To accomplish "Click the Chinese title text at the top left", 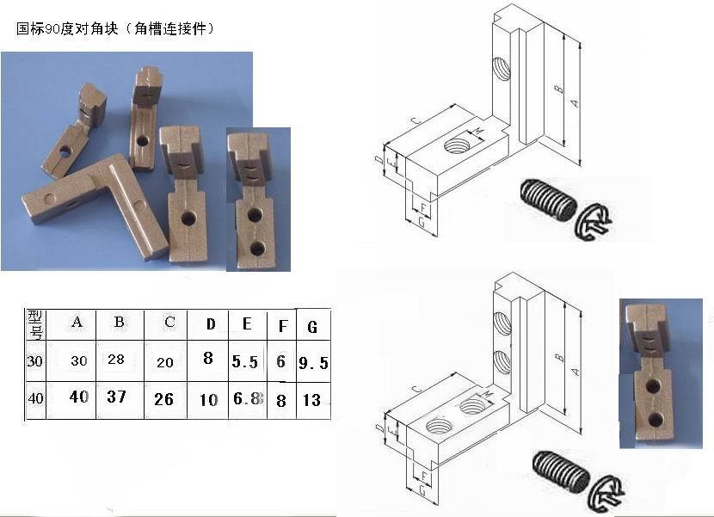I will point(115,29).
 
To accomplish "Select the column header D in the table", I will point(210,324).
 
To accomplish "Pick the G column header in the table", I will point(311,327).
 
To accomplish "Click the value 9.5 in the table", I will point(313,363).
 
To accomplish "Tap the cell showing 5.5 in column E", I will point(245,362).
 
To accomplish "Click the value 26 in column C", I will point(163,399).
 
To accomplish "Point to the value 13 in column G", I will point(313,400).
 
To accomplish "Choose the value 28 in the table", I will point(116,360).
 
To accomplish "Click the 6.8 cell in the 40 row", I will point(246,399).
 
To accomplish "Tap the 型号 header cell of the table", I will point(34,323).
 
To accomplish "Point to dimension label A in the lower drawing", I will point(575,367).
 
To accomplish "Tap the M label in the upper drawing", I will point(479,131).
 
